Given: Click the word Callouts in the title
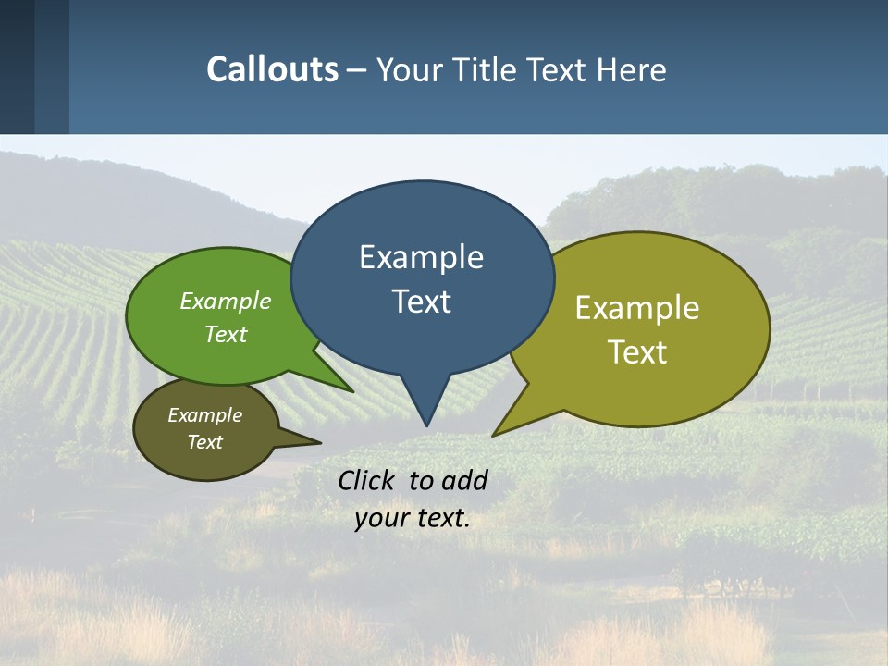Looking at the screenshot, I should [x=272, y=69].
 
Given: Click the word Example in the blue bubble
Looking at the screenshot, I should [x=421, y=257].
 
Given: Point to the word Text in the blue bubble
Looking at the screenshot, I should [x=421, y=302].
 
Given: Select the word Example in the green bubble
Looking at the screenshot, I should [x=226, y=302].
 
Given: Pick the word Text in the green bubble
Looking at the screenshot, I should [x=226, y=334].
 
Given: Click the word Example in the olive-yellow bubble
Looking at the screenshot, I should [x=637, y=308].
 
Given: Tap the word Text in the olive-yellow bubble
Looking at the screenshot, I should [x=637, y=352].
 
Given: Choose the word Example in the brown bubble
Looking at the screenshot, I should [x=204, y=415].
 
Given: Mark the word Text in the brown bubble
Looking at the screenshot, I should [x=204, y=442].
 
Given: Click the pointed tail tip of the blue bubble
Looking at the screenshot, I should [x=426, y=425].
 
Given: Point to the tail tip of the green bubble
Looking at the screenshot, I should [x=352, y=391].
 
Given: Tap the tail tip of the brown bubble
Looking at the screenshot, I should [x=320, y=442].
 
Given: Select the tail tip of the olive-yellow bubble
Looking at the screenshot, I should [x=494, y=434].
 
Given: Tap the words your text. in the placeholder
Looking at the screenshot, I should [x=413, y=519].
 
